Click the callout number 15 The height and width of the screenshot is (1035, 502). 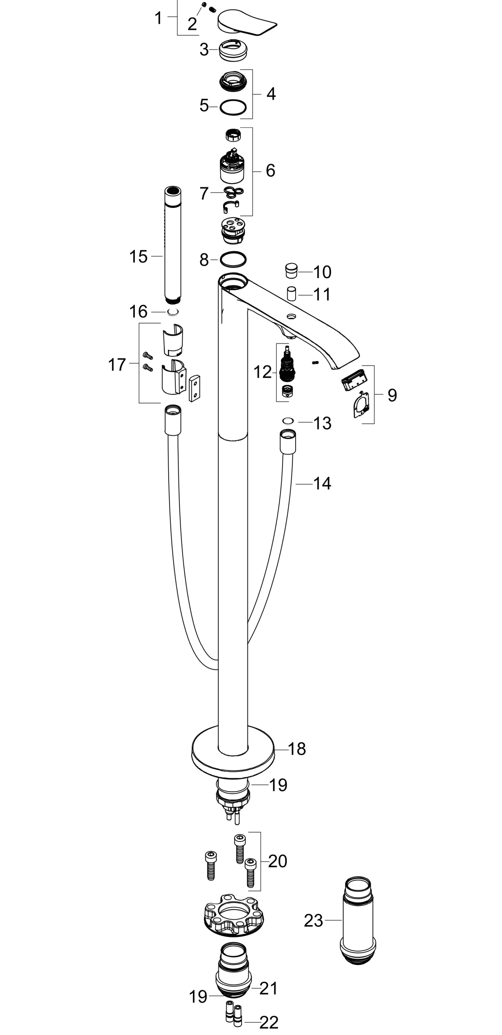click(x=138, y=257)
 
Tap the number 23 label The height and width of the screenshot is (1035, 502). click(x=313, y=920)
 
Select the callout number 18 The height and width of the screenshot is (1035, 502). click(x=297, y=748)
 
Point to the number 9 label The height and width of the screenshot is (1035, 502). click(x=392, y=395)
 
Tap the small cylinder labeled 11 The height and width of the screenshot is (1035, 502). click(x=292, y=294)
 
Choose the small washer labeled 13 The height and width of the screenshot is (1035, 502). click(x=288, y=421)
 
